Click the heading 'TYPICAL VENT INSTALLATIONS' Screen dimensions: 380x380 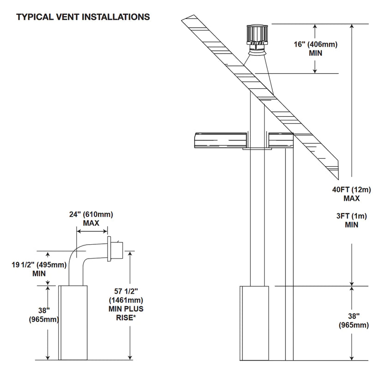point(83,17)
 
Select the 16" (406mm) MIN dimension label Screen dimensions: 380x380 point(316,48)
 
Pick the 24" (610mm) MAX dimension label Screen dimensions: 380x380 point(91,218)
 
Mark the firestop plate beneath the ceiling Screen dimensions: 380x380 point(256,149)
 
